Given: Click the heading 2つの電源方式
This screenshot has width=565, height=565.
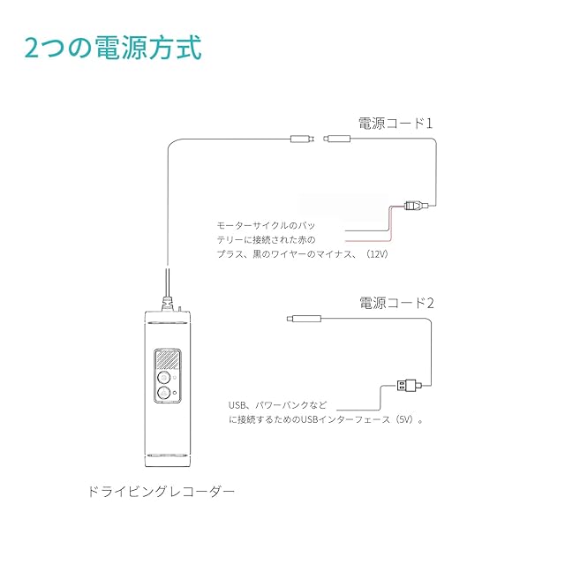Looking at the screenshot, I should coord(113,47).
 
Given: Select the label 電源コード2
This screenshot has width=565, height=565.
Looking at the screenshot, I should coord(396,302).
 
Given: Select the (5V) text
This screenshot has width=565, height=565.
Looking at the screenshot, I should coord(405,420).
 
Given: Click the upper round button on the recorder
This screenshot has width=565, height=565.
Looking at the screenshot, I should coord(164,376).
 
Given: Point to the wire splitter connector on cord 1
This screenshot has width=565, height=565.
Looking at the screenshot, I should coord(414,207).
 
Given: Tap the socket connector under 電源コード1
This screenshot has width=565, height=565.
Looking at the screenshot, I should coord(337,139).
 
